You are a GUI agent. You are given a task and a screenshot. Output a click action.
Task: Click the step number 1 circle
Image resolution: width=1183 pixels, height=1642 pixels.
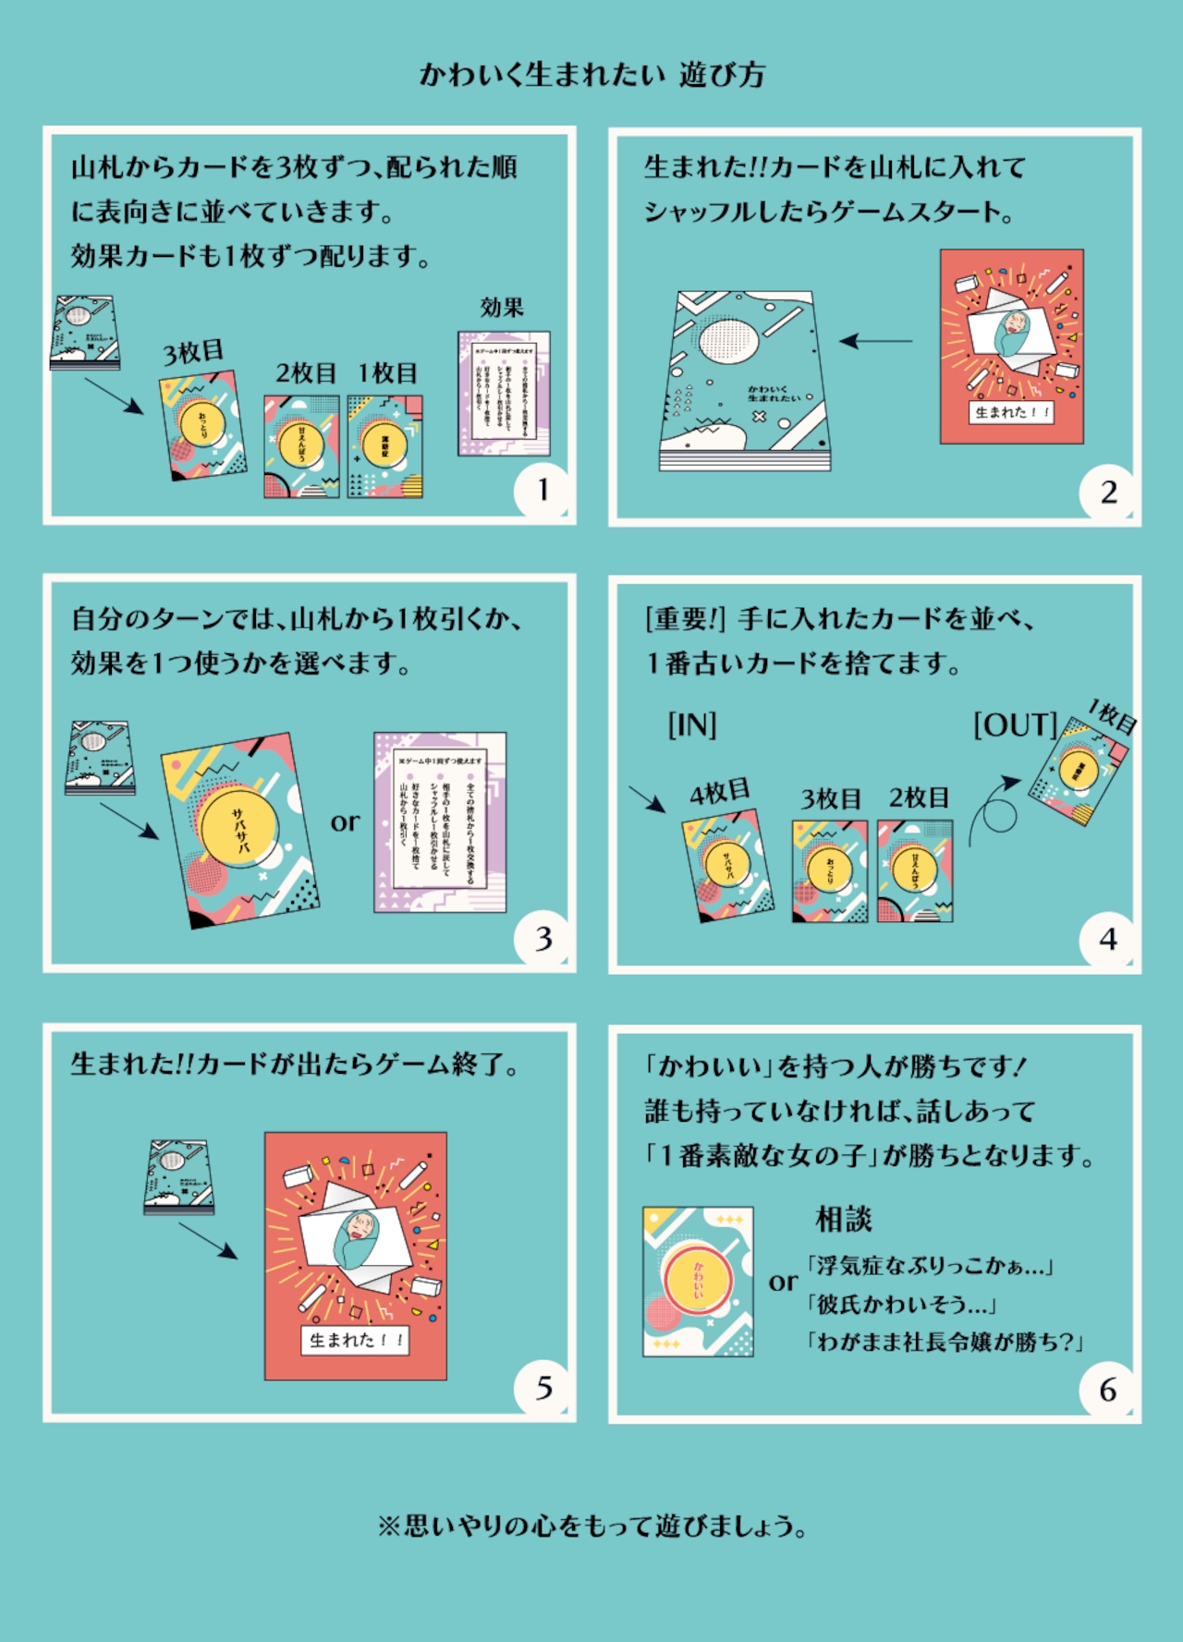point(543,490)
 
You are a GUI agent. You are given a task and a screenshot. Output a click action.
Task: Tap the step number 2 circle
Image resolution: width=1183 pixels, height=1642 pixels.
point(1108,492)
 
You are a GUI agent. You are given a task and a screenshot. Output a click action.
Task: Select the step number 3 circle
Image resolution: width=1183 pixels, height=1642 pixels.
point(543,939)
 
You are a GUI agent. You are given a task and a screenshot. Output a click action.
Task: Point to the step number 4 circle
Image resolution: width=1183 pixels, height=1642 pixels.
point(1108,940)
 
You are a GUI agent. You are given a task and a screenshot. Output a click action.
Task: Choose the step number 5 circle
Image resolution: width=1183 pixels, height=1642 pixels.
point(543,1388)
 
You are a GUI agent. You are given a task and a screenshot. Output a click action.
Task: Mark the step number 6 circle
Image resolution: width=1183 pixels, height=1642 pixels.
point(1108,1389)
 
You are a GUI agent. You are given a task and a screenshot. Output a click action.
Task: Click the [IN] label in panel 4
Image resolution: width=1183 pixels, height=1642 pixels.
point(692,724)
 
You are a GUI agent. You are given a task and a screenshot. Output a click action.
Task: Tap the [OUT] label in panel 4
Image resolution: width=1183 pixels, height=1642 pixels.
point(1015,724)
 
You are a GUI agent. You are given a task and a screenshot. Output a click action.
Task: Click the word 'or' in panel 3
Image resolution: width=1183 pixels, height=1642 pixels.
point(345,821)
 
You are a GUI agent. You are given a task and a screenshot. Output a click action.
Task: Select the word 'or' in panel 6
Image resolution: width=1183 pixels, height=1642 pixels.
point(783,1282)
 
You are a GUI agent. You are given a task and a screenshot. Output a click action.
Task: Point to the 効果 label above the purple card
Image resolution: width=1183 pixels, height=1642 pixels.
point(502,308)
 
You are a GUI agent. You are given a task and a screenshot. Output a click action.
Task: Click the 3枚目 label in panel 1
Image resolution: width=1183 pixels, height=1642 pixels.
point(193,352)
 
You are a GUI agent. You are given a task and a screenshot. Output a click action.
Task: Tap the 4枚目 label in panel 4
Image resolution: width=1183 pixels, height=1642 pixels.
point(719,793)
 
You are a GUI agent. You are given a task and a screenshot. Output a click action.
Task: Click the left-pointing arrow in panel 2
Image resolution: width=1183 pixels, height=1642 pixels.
point(874,341)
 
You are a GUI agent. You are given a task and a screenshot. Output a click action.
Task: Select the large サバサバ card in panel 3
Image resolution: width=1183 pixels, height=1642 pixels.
point(241,830)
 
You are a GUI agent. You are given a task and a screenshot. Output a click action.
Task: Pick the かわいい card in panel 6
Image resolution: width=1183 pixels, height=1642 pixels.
point(698,1282)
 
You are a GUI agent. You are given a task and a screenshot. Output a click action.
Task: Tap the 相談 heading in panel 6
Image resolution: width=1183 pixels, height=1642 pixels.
point(843,1220)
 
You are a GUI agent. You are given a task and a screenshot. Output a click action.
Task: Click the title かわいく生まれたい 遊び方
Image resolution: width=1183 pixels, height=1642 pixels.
point(591,75)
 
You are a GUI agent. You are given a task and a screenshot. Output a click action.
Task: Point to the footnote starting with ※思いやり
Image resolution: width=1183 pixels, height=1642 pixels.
point(591,1526)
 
